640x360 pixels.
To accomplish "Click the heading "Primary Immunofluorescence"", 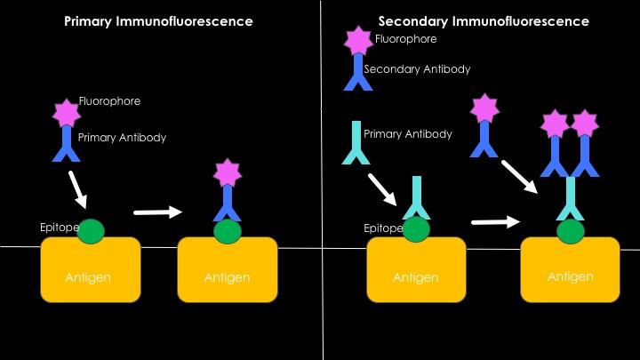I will (x=158, y=20).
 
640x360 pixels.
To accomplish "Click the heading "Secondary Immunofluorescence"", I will (x=484, y=20).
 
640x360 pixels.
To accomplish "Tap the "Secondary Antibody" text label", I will (x=417, y=68).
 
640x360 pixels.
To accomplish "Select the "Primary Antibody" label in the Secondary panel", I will (x=408, y=134).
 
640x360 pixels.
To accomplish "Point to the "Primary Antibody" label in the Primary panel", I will (x=122, y=138).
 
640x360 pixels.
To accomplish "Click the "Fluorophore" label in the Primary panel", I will (x=109, y=101).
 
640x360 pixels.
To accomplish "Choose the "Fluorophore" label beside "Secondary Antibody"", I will (x=405, y=39).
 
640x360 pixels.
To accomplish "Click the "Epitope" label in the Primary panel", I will (x=59, y=228).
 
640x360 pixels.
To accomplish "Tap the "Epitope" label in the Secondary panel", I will (x=383, y=228).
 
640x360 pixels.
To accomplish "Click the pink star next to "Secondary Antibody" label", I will (x=359, y=40).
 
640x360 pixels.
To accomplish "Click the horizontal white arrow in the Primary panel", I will (x=157, y=212).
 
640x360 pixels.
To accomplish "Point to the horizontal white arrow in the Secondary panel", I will (x=495, y=220).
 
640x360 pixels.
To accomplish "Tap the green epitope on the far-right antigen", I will (x=570, y=231).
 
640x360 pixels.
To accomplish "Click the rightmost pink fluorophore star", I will (x=585, y=123).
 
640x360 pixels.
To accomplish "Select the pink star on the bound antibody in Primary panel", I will (x=228, y=172).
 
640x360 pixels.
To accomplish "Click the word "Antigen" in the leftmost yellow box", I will (x=88, y=277).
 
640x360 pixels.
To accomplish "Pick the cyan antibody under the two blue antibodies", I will (x=571, y=199).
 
